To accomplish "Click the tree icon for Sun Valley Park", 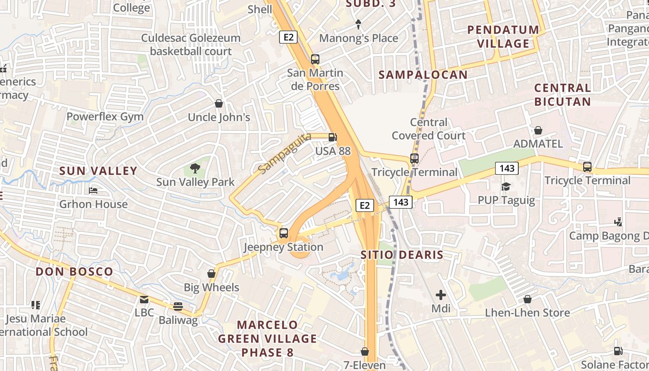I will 195,168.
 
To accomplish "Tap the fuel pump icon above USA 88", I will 332,137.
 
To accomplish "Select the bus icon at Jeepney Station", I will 284,233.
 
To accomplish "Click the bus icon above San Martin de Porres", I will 315,59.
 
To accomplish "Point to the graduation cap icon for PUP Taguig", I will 506,186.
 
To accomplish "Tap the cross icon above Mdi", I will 440,294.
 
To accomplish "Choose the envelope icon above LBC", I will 144,299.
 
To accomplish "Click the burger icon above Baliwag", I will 178,306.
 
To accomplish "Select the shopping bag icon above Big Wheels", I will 211,274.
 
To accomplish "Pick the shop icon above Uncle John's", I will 219,103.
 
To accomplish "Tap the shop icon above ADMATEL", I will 538,130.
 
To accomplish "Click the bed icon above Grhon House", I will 93,191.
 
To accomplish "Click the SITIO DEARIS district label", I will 402,255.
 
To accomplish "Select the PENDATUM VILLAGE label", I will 503,37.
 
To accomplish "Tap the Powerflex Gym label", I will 105,116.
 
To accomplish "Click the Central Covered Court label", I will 428,129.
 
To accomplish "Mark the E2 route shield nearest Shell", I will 288,37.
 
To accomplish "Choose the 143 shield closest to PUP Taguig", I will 506,168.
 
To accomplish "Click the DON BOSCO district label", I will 74,272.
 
